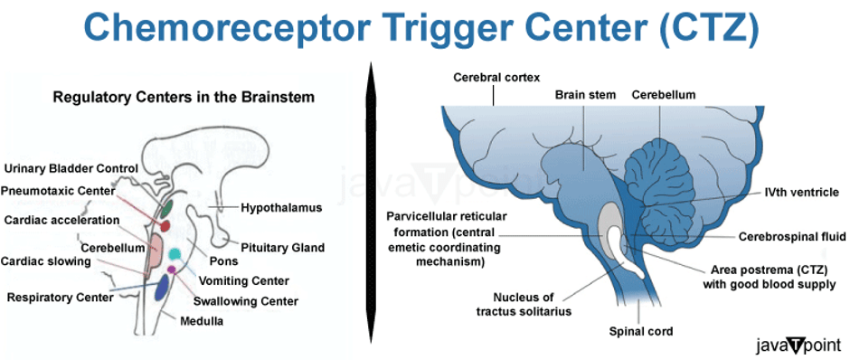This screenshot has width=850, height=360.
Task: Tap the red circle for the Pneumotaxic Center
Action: (165, 225)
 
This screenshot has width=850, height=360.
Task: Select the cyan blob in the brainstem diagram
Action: (175, 254)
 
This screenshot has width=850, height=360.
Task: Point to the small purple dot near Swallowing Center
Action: (172, 269)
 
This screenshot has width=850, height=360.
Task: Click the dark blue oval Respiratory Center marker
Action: (162, 288)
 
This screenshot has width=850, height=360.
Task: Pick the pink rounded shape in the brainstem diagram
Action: (155, 250)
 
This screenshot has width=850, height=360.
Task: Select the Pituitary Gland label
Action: (283, 248)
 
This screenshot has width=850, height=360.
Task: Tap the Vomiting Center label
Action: (244, 280)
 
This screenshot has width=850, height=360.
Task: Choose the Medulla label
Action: (201, 321)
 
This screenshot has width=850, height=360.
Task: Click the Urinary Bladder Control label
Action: (71, 168)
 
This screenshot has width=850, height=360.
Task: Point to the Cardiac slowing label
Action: (45, 261)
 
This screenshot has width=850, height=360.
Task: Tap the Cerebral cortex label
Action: (497, 78)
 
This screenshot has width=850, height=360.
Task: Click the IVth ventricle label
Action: (801, 192)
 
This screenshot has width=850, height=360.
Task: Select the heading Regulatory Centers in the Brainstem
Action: (184, 98)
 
